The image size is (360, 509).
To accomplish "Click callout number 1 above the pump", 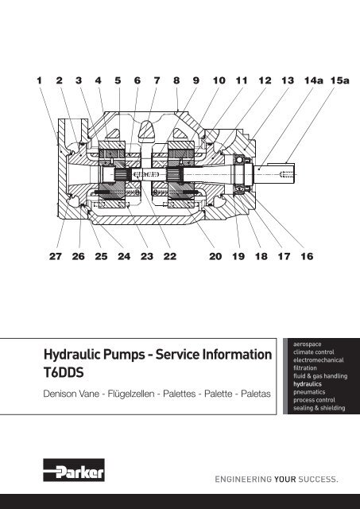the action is click(39, 80).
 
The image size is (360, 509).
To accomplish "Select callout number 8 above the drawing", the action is click(176, 80).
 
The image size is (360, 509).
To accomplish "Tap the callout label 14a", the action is click(314, 80).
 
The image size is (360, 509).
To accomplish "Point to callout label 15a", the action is click(340, 80).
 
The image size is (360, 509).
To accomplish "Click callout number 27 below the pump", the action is click(56, 256).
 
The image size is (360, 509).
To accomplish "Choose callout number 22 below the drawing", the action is click(170, 256).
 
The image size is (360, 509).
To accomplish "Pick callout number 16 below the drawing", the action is click(307, 256).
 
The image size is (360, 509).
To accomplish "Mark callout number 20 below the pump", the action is click(215, 256).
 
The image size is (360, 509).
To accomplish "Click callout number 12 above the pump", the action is click(265, 80).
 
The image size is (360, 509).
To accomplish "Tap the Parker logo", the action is click(74, 470).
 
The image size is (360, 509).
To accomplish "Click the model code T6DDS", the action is click(64, 372).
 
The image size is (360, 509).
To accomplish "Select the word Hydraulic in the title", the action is click(72, 355).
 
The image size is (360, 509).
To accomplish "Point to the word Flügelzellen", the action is click(131, 394).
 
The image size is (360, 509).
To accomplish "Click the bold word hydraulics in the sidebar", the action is click(308, 384).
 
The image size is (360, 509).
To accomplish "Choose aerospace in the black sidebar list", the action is click(307, 344).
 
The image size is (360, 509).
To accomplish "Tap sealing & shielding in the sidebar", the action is click(319, 408).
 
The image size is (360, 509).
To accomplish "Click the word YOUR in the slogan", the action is click(285, 479).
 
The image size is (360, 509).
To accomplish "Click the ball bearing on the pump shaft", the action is click(240, 160).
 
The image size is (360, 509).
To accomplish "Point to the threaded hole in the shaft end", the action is click(286, 174).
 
